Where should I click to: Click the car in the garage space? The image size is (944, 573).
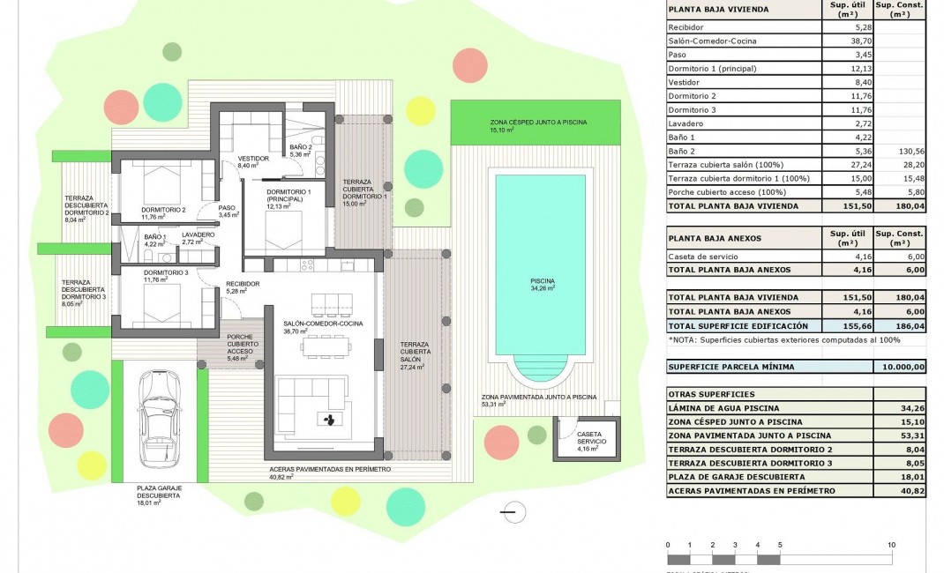click(x=160, y=423)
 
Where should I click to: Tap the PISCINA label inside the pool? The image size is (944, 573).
click(x=543, y=280)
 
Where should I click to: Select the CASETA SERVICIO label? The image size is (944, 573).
click(x=589, y=438)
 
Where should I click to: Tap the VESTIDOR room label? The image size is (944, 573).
click(x=253, y=160)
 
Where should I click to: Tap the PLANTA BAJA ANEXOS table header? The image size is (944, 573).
click(x=715, y=238)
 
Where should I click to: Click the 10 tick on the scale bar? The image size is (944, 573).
click(x=892, y=545)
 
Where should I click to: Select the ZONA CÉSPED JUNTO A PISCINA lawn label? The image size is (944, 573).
click(x=538, y=122)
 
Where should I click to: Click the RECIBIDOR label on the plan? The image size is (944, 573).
click(x=243, y=284)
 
